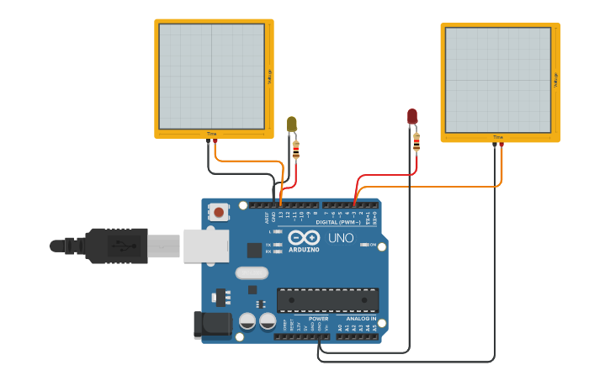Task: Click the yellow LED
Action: [x=292, y=124]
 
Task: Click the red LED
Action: [x=412, y=116]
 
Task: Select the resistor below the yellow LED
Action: [x=295, y=150]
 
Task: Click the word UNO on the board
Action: [x=341, y=239]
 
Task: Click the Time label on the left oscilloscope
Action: [x=212, y=135]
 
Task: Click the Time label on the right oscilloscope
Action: [x=498, y=137]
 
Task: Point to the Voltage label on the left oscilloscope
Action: [x=269, y=77]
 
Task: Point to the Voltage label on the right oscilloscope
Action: [x=555, y=80]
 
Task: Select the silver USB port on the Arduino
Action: [x=206, y=246]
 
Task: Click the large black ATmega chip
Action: [x=327, y=299]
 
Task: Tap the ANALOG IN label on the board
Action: [x=361, y=319]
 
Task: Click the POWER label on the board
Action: [x=318, y=319]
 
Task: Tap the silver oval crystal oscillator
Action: [x=252, y=273]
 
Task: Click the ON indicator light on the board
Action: [x=363, y=245]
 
